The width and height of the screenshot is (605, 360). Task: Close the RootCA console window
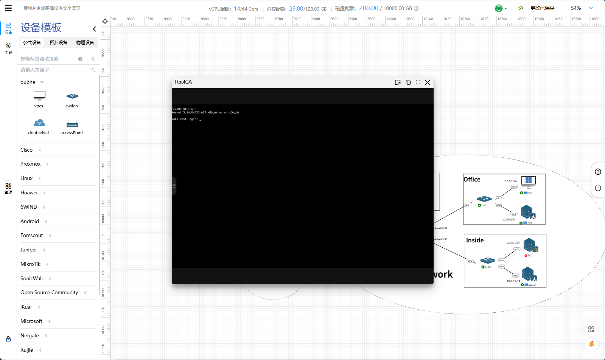click(428, 82)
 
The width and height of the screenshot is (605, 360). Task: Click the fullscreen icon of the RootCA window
click(418, 82)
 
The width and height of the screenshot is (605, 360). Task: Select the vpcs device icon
click(39, 95)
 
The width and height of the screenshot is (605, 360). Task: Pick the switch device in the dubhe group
click(72, 96)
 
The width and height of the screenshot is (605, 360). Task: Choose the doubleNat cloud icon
click(39, 123)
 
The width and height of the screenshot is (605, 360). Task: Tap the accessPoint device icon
click(72, 124)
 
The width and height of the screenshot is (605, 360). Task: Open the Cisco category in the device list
click(26, 150)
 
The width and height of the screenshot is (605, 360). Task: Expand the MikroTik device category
click(30, 264)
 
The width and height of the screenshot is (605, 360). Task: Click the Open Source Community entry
click(49, 293)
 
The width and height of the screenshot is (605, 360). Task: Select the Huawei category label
click(29, 193)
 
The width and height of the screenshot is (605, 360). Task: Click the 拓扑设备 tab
click(58, 43)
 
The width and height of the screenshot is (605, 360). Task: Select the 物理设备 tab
click(85, 43)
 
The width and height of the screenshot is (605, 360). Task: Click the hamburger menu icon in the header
click(8, 8)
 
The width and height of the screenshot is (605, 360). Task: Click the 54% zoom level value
click(576, 8)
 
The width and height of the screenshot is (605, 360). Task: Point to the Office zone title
click(472, 180)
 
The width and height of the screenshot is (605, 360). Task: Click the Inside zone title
click(475, 241)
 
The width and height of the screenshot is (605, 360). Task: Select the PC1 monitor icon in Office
click(528, 182)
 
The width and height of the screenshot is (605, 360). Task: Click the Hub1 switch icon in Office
click(484, 199)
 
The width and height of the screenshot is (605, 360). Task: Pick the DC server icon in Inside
click(530, 245)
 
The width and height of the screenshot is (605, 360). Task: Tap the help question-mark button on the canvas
click(598, 172)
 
